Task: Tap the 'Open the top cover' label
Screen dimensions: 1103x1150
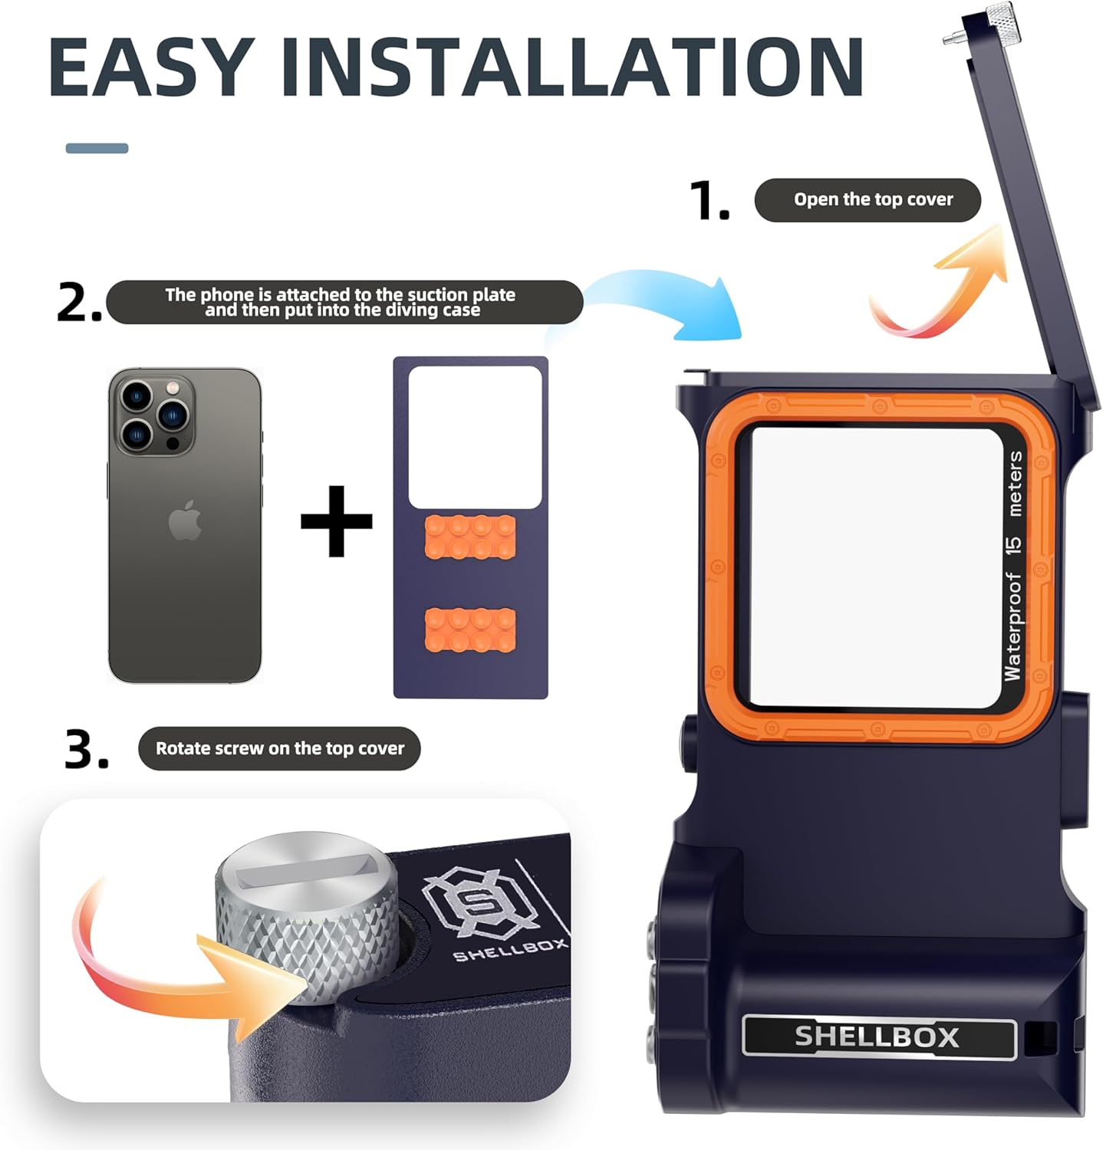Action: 873,199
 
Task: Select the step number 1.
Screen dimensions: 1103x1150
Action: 710,200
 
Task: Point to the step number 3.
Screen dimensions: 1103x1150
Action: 87,749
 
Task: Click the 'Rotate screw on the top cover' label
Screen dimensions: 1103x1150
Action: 280,748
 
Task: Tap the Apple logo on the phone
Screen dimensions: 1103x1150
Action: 185,521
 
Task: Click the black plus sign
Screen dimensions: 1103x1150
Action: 337,521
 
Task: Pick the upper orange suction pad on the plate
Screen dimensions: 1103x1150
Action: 470,537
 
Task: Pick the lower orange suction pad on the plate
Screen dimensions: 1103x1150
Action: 470,629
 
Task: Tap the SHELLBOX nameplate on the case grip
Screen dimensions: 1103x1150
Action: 879,1037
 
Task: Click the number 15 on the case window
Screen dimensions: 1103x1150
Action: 1013,544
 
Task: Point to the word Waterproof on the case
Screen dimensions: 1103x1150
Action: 1013,626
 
